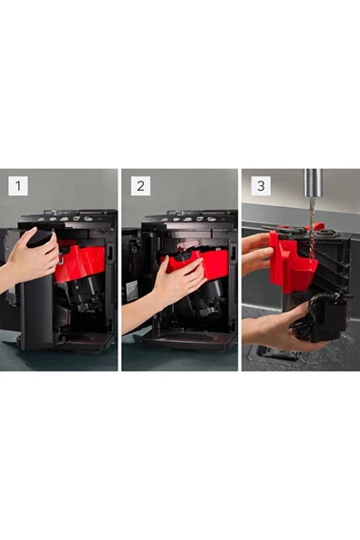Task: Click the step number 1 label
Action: pyautogui.click(x=18, y=186)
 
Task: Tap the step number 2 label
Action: pyautogui.click(x=140, y=186)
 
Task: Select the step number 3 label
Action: pyautogui.click(x=261, y=186)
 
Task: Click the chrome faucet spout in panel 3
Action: pyautogui.click(x=314, y=182)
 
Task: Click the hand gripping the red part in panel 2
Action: pyautogui.click(x=172, y=286)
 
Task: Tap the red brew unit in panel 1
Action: pyautogui.click(x=80, y=260)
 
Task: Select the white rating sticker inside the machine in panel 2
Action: pyautogui.click(x=131, y=291)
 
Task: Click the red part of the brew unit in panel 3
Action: pyautogui.click(x=293, y=262)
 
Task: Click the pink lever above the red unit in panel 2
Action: pyautogui.click(x=188, y=245)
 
